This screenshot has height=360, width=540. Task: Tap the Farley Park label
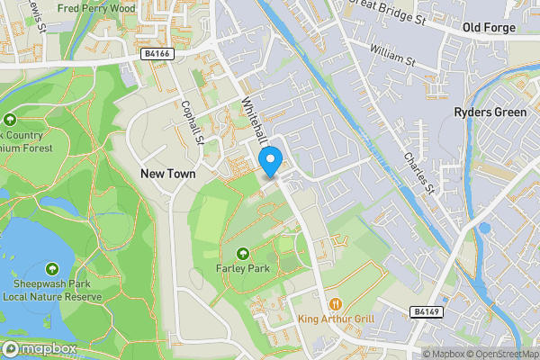(x=244, y=266)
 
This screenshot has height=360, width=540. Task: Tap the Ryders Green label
(x=489, y=112)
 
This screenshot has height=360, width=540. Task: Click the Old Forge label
(x=489, y=28)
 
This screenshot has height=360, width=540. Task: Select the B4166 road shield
(x=157, y=55)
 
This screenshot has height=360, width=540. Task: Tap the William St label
(x=391, y=64)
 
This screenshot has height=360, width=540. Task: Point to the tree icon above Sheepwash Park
(x=51, y=269)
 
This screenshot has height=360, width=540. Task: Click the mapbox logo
(x=38, y=348)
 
